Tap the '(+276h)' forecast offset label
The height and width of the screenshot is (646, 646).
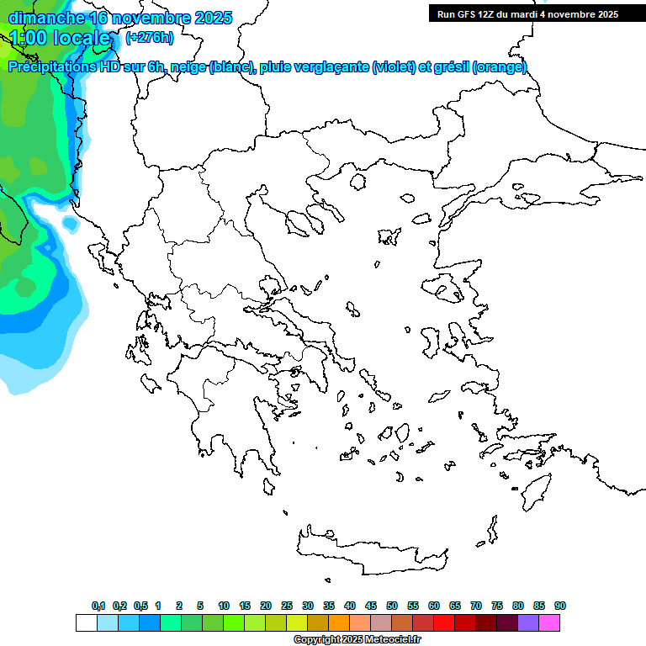tap(150, 37)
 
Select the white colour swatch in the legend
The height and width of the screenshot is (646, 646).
tap(86, 623)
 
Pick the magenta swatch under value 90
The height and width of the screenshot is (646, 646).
tap(549, 623)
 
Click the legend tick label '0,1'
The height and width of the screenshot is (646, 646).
tap(98, 606)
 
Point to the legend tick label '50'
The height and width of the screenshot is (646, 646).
tap(392, 606)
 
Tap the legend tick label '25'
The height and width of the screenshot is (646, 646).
tap(287, 606)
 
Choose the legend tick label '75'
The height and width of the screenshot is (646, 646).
tap(497, 606)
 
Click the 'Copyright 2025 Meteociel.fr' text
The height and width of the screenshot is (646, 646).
tap(357, 640)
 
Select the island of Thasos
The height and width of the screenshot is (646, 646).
tap(358, 181)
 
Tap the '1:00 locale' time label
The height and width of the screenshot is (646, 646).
tap(61, 38)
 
